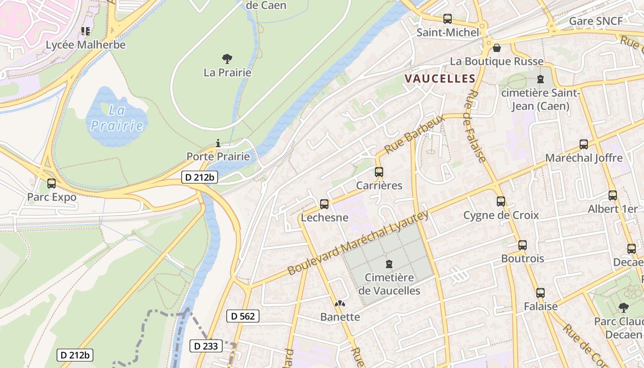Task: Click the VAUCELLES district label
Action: pos(440,79)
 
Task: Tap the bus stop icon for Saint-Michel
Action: pos(447,19)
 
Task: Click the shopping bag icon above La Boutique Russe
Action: pos(496,48)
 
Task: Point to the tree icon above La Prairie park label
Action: pos(227,59)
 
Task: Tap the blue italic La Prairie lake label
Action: pos(116,118)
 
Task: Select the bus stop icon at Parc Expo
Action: pos(52,184)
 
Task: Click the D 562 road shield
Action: pos(243,316)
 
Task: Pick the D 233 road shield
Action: pos(206,346)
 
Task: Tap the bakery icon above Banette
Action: pos(340,304)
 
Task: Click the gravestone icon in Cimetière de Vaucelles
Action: pos(389,264)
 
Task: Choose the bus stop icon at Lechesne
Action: pos(324,204)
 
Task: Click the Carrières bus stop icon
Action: pos(379,172)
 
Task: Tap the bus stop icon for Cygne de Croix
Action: pos(501,201)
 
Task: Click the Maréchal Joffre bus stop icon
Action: pos(584,144)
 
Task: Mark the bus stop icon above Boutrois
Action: pos(523,245)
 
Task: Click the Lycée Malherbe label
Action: pos(86,45)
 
